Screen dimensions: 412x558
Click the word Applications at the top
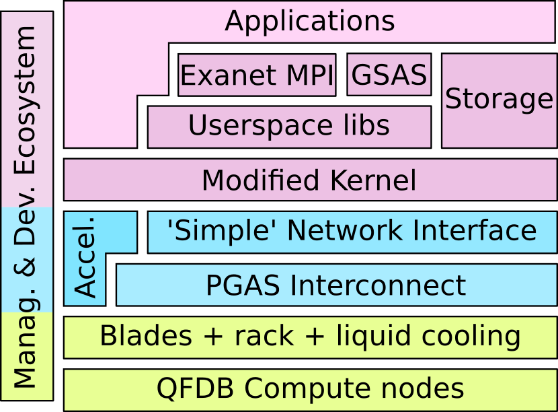pos(309,21)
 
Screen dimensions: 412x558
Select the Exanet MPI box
pos(256,75)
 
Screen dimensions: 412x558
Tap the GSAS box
pos(389,75)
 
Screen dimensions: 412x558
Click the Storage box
pos(499,100)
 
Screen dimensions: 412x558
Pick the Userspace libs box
pos(288,126)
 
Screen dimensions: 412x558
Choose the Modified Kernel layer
pos(309,180)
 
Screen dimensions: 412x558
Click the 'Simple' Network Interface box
pos(352,231)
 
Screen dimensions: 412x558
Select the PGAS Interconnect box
pos(335,285)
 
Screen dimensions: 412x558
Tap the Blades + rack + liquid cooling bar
pos(309,336)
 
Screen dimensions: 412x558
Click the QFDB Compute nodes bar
pos(309,388)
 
